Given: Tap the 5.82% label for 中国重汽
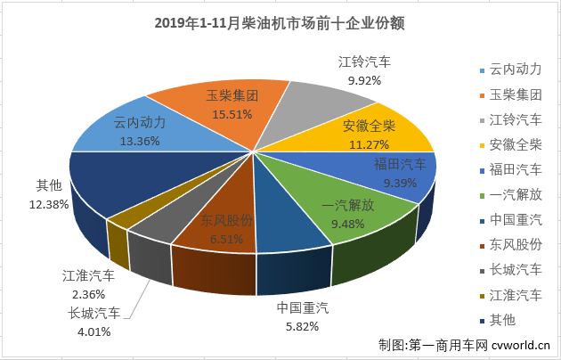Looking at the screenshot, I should coord(303,327).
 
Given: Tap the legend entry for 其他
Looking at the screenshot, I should coord(497,319).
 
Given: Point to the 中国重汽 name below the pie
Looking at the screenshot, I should coord(303,308).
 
